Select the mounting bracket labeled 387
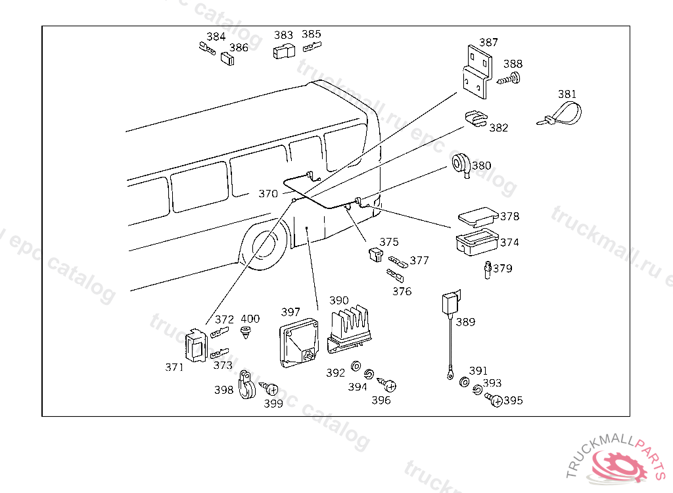coord(476,71)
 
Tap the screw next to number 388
coord(507,80)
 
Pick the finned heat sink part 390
coord(351,326)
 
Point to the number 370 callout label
coord(267,194)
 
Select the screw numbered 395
coord(494,399)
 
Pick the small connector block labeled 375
coord(376,255)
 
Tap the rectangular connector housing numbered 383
coord(284,51)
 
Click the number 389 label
coord(465,322)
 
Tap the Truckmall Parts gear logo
coord(617,465)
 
